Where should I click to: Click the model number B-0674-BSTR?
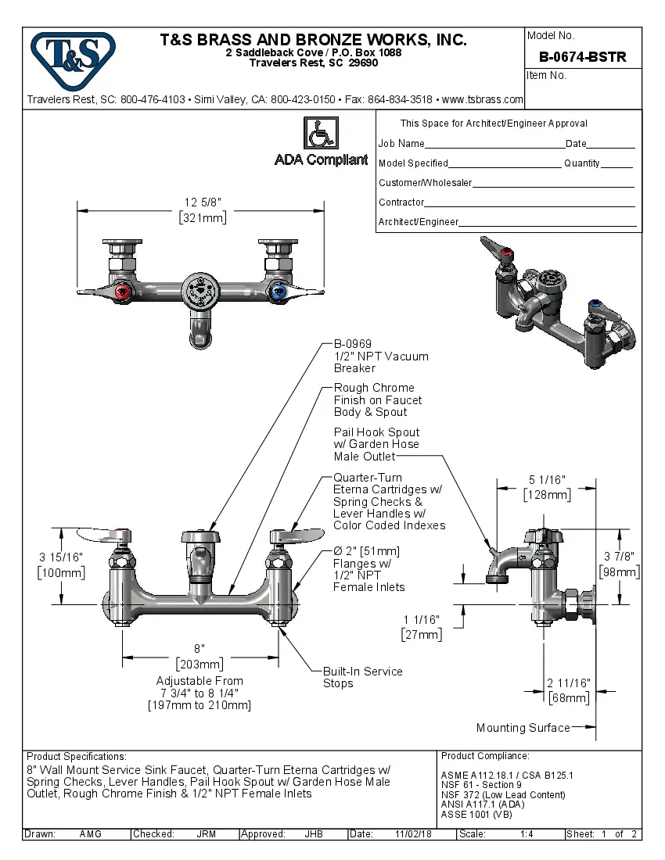click(583, 57)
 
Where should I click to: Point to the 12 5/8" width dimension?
click(203, 203)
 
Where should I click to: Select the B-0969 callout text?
click(353, 344)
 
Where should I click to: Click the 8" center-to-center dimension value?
click(199, 649)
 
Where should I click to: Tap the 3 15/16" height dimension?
click(61, 557)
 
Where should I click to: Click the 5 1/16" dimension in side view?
click(547, 480)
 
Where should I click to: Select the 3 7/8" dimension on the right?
click(620, 557)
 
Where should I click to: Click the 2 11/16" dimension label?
click(568, 683)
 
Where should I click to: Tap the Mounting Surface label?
click(523, 728)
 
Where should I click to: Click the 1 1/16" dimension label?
click(422, 620)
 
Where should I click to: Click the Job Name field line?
click(494, 145)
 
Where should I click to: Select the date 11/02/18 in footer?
click(414, 834)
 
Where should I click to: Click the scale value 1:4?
click(527, 834)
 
